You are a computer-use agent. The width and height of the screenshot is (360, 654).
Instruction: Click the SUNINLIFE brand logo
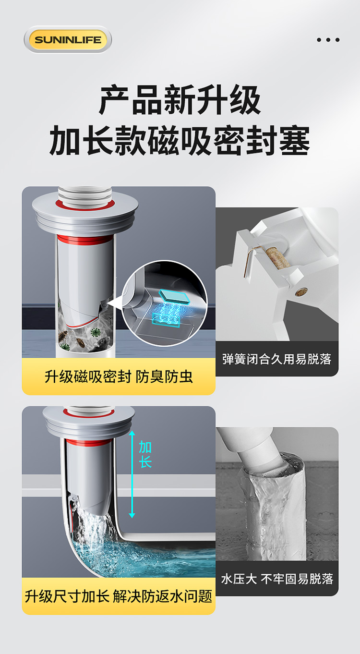68,39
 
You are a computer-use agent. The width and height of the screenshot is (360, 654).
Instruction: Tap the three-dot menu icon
328,40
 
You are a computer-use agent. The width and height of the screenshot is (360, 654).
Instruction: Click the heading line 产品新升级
180,100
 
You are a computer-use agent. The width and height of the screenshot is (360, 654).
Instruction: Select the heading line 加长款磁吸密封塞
180,141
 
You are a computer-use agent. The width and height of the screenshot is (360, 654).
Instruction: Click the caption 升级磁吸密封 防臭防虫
119,376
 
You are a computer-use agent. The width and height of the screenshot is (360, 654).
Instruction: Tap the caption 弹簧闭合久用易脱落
277,359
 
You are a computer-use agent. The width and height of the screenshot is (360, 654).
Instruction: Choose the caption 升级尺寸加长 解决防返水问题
119,596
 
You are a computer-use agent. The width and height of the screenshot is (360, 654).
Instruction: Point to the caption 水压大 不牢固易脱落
277,579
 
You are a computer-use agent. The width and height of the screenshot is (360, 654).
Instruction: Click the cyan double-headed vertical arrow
132,474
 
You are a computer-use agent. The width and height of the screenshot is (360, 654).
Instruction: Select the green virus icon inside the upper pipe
95,333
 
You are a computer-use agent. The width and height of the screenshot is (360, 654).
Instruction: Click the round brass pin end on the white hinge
301,291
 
